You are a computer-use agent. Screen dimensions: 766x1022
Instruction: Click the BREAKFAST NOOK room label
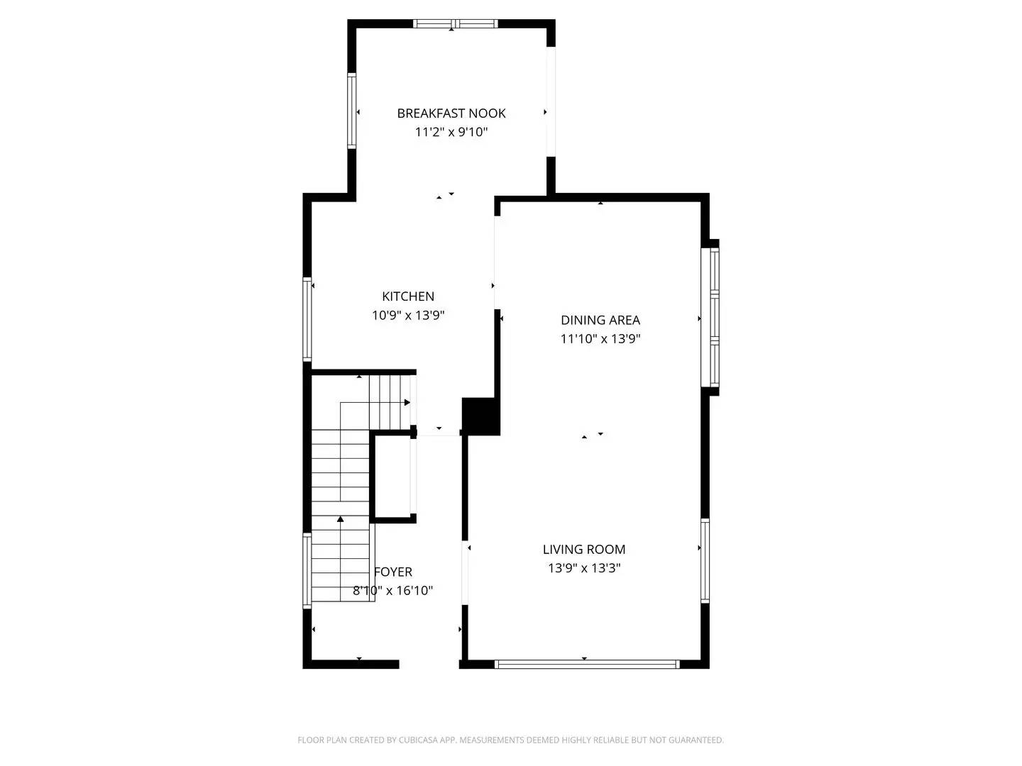click(451, 113)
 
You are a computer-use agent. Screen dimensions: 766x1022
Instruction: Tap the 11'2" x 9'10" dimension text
click(451, 132)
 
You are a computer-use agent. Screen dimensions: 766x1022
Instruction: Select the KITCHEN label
click(408, 296)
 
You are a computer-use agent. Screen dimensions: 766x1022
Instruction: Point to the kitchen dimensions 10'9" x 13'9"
click(408, 316)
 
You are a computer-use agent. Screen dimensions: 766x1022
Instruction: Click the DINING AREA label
click(600, 320)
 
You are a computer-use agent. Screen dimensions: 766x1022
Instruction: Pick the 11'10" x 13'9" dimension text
click(600, 339)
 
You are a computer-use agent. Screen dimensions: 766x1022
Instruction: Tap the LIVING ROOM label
click(584, 549)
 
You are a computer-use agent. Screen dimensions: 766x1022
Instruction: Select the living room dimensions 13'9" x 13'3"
click(584, 568)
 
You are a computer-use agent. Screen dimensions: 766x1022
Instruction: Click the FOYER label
click(393, 572)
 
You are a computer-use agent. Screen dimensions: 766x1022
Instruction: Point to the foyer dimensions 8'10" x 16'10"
click(393, 591)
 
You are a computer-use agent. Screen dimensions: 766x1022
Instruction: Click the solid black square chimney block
click(480, 416)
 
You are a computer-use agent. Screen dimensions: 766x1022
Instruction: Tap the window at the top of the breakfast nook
click(456, 23)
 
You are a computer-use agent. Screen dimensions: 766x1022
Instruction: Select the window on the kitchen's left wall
click(307, 319)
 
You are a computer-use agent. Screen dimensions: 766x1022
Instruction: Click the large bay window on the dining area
click(713, 318)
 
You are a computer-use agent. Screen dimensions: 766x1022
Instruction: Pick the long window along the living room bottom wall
click(586, 665)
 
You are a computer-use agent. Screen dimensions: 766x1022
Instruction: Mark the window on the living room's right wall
click(705, 560)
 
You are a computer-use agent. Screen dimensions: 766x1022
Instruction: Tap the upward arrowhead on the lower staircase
click(341, 520)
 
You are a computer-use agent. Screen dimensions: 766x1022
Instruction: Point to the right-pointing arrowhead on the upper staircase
click(407, 403)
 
